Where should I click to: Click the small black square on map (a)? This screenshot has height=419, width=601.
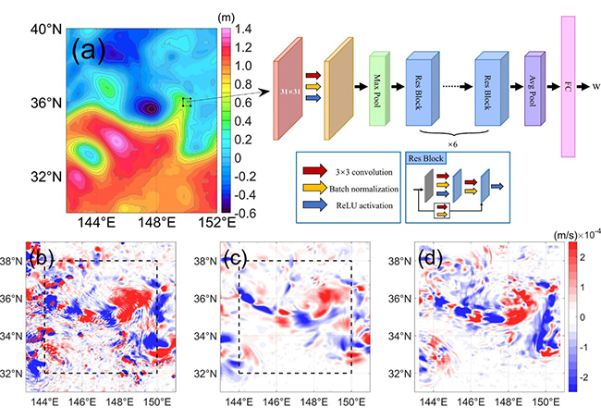[x=187, y=102]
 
